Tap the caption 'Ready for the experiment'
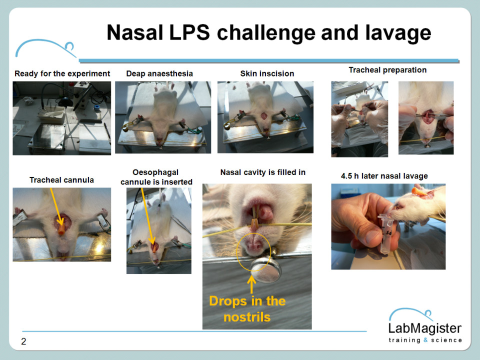click(62, 74)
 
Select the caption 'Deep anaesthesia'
click(159, 74)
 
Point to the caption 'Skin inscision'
click(267, 74)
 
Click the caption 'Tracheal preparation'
click(387, 70)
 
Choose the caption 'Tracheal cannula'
click(61, 180)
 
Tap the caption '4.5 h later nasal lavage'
click(384, 176)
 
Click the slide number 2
click(23, 341)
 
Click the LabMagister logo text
click(425, 328)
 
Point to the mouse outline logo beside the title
click(45, 48)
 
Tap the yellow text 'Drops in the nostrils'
click(247, 309)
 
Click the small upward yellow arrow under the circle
click(251, 284)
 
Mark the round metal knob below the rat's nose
click(266, 269)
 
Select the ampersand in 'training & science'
click(425, 340)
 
